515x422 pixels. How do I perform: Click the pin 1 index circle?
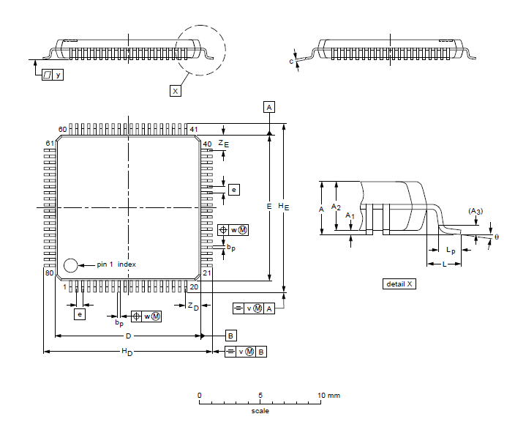tap(71, 264)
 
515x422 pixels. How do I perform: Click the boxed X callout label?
tap(175, 91)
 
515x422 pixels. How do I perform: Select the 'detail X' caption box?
tap(399, 284)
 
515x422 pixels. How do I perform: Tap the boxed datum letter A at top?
tap(269, 107)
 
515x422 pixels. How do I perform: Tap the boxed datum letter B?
tap(230, 336)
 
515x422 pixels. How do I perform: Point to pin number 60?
tap(63, 129)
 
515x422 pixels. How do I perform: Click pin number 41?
tap(194, 129)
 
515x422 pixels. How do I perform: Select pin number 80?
tap(50, 273)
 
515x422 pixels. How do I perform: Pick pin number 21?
tap(206, 273)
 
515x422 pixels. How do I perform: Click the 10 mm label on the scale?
tap(328, 396)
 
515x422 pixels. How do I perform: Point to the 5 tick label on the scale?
tap(260, 396)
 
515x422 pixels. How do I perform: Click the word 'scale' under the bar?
tap(260, 410)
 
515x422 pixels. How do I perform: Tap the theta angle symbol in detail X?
tap(496, 237)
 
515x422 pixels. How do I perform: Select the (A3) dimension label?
tap(475, 211)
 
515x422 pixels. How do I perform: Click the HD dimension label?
tap(127, 352)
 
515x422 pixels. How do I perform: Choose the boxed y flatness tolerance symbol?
tap(52, 75)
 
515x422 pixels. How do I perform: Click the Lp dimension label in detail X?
tap(451, 251)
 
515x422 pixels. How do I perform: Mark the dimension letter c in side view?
tap(291, 62)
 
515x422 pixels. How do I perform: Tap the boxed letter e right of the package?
tap(234, 190)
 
